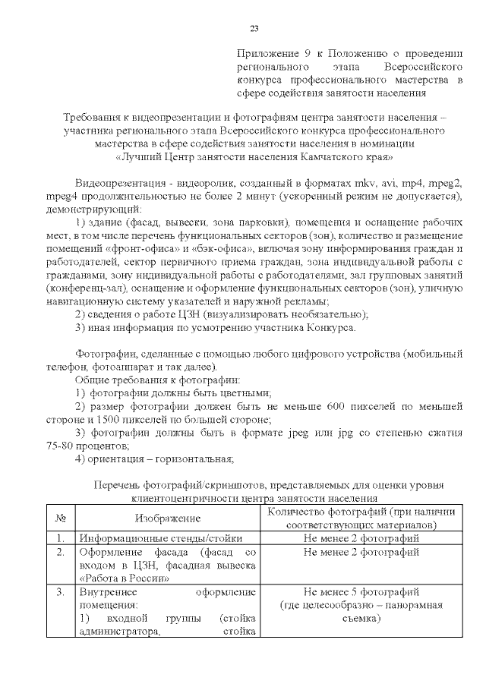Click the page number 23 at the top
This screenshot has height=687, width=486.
coord(254,29)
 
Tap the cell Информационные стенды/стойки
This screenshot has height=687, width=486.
coord(151,538)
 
